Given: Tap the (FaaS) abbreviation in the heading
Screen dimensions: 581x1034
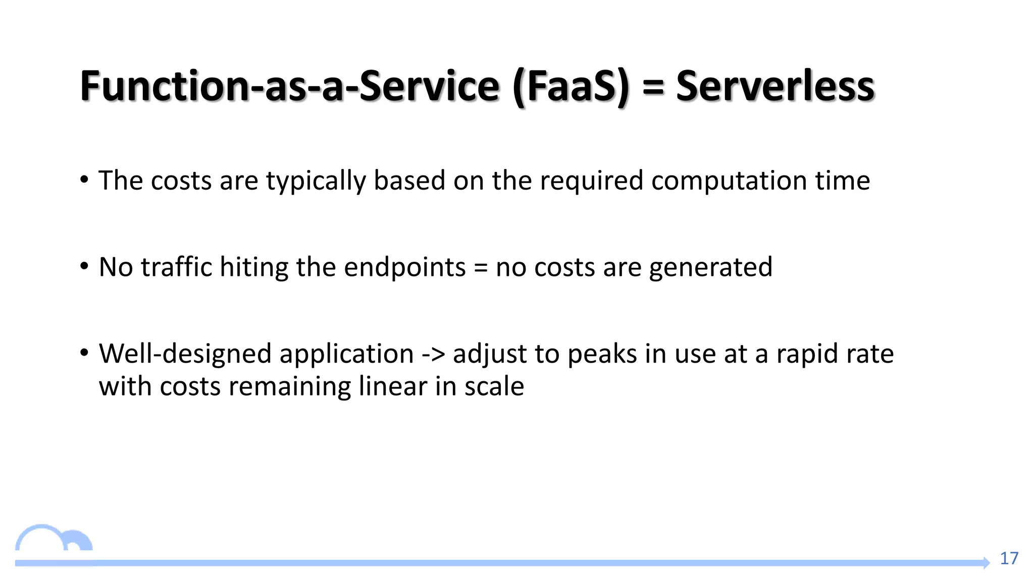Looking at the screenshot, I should point(571,87).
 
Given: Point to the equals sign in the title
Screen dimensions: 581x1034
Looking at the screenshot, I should point(653,87).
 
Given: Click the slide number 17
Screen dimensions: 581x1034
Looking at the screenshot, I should point(1009,558).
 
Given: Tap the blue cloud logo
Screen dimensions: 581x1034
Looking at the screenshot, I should point(54,539).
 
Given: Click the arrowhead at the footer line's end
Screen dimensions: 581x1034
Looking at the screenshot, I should point(986,562).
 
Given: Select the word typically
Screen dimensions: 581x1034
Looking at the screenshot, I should point(316,181).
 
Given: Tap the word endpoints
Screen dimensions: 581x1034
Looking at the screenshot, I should point(404,268).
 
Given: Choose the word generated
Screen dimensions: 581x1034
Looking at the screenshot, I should point(710,268).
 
